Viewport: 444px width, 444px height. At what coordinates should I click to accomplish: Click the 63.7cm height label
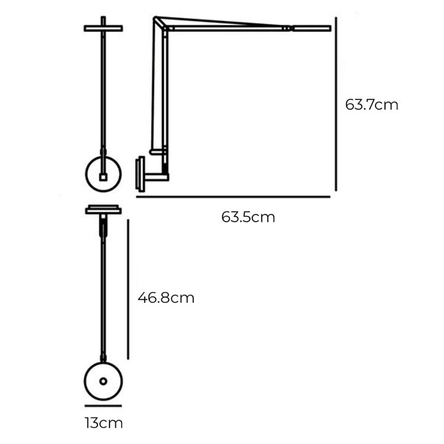coord(371,105)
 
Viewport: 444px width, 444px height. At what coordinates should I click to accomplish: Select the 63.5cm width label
coord(248,217)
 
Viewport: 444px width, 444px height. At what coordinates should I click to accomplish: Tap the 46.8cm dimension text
coord(166,297)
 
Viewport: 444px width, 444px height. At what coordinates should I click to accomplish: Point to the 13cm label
coord(103,423)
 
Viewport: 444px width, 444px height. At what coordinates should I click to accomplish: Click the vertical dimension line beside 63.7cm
coord(336,104)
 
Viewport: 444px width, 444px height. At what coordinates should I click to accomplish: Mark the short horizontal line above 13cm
coord(103,406)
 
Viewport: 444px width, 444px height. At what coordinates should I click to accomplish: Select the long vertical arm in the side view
coord(159,89)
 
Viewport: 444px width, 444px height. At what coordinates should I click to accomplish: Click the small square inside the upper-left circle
coord(103,176)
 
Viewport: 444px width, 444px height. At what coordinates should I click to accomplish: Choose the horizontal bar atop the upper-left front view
coord(103,28)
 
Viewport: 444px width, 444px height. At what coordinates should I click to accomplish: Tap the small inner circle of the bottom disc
coord(103,381)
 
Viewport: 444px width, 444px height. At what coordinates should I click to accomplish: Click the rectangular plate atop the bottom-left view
coord(103,210)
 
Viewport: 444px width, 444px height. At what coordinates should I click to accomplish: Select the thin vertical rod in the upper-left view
coord(104,89)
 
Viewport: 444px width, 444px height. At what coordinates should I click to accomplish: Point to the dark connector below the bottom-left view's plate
coord(104,225)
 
